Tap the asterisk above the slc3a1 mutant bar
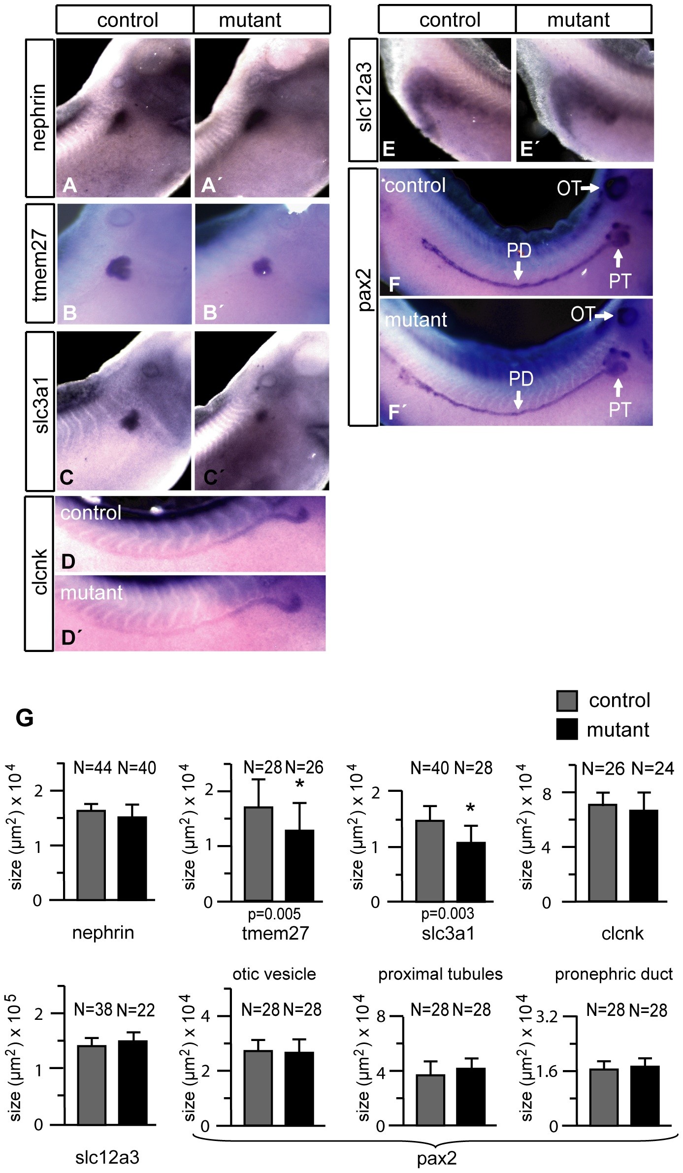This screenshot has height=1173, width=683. tap(471, 808)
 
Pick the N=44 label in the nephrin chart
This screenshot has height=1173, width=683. tap(94, 767)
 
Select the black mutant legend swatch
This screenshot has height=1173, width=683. tap(566, 729)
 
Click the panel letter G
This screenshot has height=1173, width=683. tap(25, 718)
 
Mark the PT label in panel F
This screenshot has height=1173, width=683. tap(619, 281)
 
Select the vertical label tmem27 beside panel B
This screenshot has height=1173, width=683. tap(40, 264)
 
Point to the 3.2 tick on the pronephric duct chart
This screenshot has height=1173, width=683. tap(546, 1016)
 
